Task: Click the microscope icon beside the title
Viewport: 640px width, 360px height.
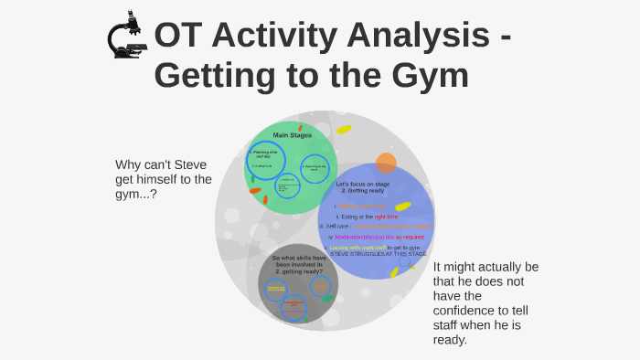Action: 126,37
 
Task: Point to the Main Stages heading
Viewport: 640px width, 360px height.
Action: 292,135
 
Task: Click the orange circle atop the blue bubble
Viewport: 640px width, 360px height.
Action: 386,164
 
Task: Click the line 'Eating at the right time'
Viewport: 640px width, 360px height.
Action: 366,217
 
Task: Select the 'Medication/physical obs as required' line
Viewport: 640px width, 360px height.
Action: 373,237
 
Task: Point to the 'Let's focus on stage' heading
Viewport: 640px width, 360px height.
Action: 362,185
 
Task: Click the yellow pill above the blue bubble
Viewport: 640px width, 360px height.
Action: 344,129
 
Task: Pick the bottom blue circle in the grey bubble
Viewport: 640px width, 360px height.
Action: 293,308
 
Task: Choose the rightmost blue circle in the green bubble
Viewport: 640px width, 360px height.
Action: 315,168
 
